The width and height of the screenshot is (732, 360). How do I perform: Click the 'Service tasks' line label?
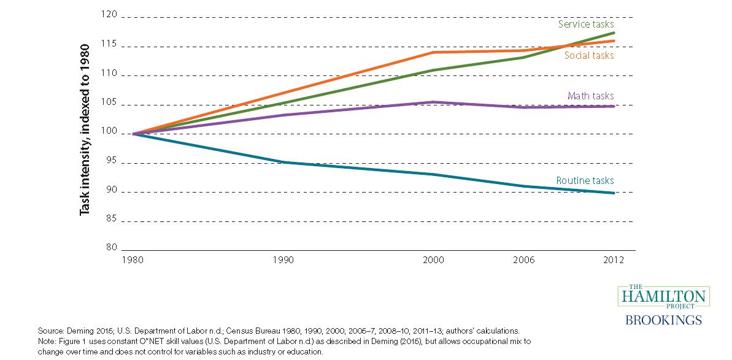[586, 25]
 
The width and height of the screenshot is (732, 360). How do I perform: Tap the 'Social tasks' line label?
[589, 55]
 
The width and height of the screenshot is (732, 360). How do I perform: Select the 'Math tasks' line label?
[590, 96]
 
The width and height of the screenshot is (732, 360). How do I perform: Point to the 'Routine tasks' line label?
[585, 180]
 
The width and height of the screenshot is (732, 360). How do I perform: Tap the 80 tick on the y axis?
[111, 248]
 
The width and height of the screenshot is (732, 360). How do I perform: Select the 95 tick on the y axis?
[111, 163]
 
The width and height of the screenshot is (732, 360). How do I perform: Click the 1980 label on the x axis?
[133, 260]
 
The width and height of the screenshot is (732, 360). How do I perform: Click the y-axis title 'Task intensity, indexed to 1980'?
[85, 129]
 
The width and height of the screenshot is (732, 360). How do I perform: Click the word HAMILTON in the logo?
[664, 297]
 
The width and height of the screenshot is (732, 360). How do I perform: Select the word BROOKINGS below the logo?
[664, 320]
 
